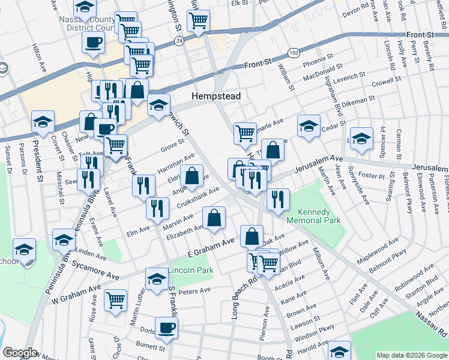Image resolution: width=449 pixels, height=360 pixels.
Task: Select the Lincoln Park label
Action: [x=190, y=271]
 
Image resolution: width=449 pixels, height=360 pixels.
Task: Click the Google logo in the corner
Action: [x=20, y=353]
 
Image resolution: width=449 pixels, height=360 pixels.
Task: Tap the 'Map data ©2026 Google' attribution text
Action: [x=411, y=355]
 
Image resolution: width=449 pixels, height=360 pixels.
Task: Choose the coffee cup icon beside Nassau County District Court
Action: [x=93, y=43]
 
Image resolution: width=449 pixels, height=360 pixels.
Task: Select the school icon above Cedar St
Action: [x=309, y=126]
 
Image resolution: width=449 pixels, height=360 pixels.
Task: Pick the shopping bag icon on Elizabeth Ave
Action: [x=214, y=218]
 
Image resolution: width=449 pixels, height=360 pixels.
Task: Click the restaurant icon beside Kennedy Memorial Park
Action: [x=277, y=199]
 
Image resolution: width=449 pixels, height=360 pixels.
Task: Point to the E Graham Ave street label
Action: [x=211, y=246]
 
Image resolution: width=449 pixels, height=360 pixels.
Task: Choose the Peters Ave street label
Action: [x=195, y=291]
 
